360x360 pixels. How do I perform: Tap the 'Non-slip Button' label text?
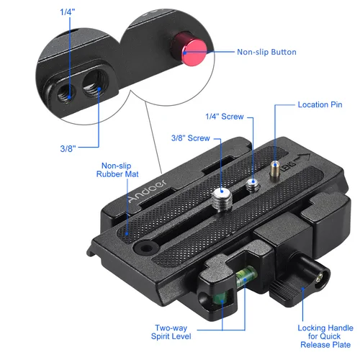click(x=266, y=52)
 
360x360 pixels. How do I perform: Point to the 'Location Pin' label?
click(x=320, y=104)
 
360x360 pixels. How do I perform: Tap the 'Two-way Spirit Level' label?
click(x=172, y=332)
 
